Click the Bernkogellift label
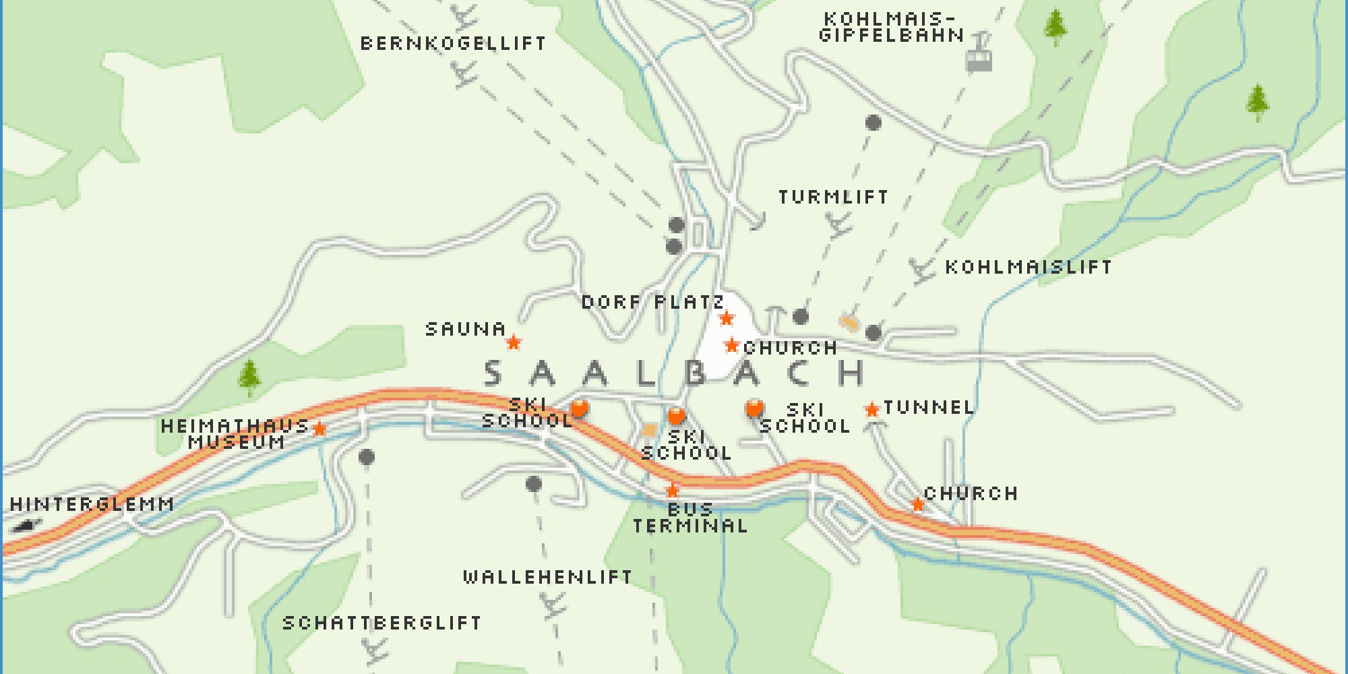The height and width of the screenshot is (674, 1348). [x=453, y=43]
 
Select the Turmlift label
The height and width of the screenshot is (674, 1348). [x=834, y=197]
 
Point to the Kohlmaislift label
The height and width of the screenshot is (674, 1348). [x=1029, y=267]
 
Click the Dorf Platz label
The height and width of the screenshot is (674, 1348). [x=652, y=302]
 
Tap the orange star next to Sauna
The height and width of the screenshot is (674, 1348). [x=514, y=342]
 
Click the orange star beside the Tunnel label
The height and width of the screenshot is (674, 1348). [x=872, y=409]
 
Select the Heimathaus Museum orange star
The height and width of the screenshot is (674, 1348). [x=319, y=429]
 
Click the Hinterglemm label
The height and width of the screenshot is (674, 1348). [x=92, y=504]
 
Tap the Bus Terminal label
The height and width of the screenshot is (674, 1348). [x=690, y=518]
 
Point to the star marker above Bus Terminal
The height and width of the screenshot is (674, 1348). [x=672, y=490]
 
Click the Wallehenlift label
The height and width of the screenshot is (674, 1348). [x=547, y=577]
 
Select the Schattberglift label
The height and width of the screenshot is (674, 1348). [x=381, y=623]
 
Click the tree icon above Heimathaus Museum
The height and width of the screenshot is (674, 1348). [x=249, y=377]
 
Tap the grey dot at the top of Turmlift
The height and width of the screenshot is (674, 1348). [x=874, y=123]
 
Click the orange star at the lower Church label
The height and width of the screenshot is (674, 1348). [x=917, y=504]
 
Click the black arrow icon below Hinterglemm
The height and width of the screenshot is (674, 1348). [x=26, y=526]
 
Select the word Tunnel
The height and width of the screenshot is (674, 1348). [x=929, y=407]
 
